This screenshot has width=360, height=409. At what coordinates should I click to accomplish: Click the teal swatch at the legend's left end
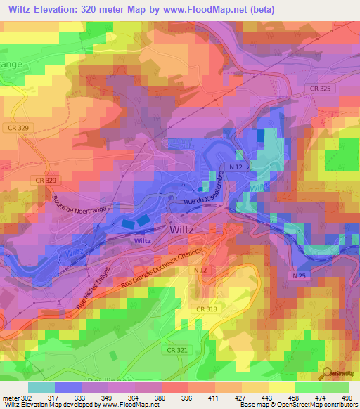(41, 387)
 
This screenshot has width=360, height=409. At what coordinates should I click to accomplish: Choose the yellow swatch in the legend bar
(282, 387)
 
